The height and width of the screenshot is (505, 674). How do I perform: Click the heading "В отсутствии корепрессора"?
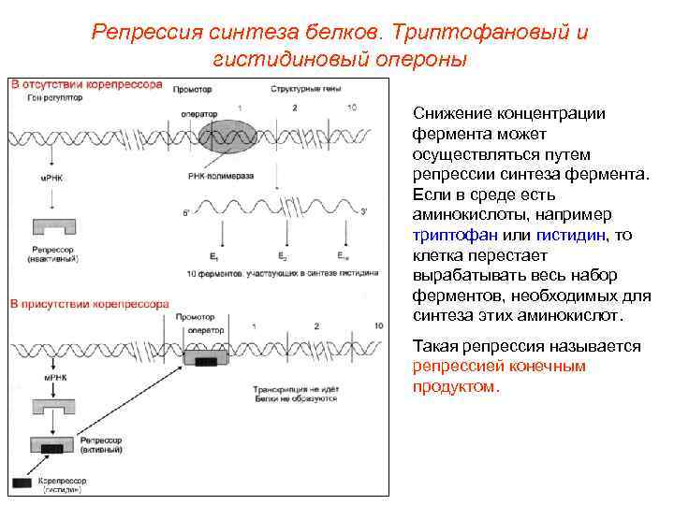pyautogui.click(x=87, y=85)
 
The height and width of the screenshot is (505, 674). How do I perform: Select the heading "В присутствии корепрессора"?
pyautogui.click(x=90, y=304)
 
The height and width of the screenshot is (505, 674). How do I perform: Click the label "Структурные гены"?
pyautogui.click(x=298, y=87)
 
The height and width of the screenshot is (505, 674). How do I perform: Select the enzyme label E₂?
pyautogui.click(x=283, y=255)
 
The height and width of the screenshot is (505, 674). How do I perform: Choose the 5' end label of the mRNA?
pyautogui.click(x=187, y=213)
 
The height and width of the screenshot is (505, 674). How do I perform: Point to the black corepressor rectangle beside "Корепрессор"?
pyautogui.click(x=22, y=483)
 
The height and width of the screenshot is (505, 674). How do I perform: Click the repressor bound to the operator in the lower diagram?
pyautogui.click(x=205, y=359)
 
